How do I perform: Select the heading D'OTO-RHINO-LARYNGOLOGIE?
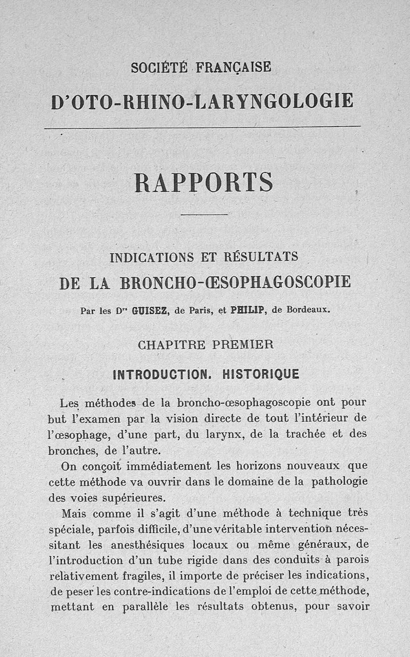coord(202,100)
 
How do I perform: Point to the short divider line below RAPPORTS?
coord(204,215)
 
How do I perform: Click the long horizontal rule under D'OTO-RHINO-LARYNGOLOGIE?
coord(202,127)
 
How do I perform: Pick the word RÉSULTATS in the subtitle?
coord(264,256)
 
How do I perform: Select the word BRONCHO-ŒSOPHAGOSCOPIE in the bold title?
coord(235,282)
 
